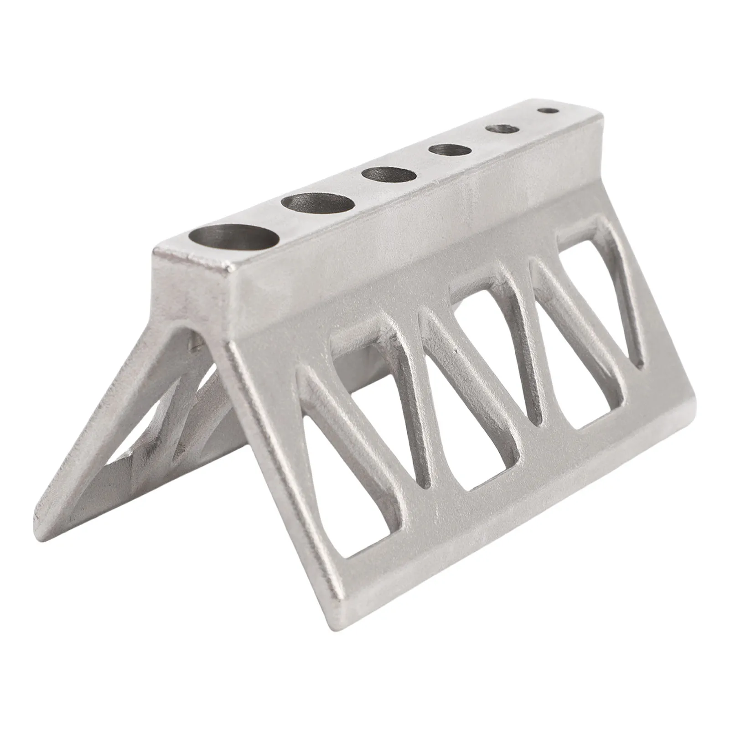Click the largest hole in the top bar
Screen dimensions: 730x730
point(234,238)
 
